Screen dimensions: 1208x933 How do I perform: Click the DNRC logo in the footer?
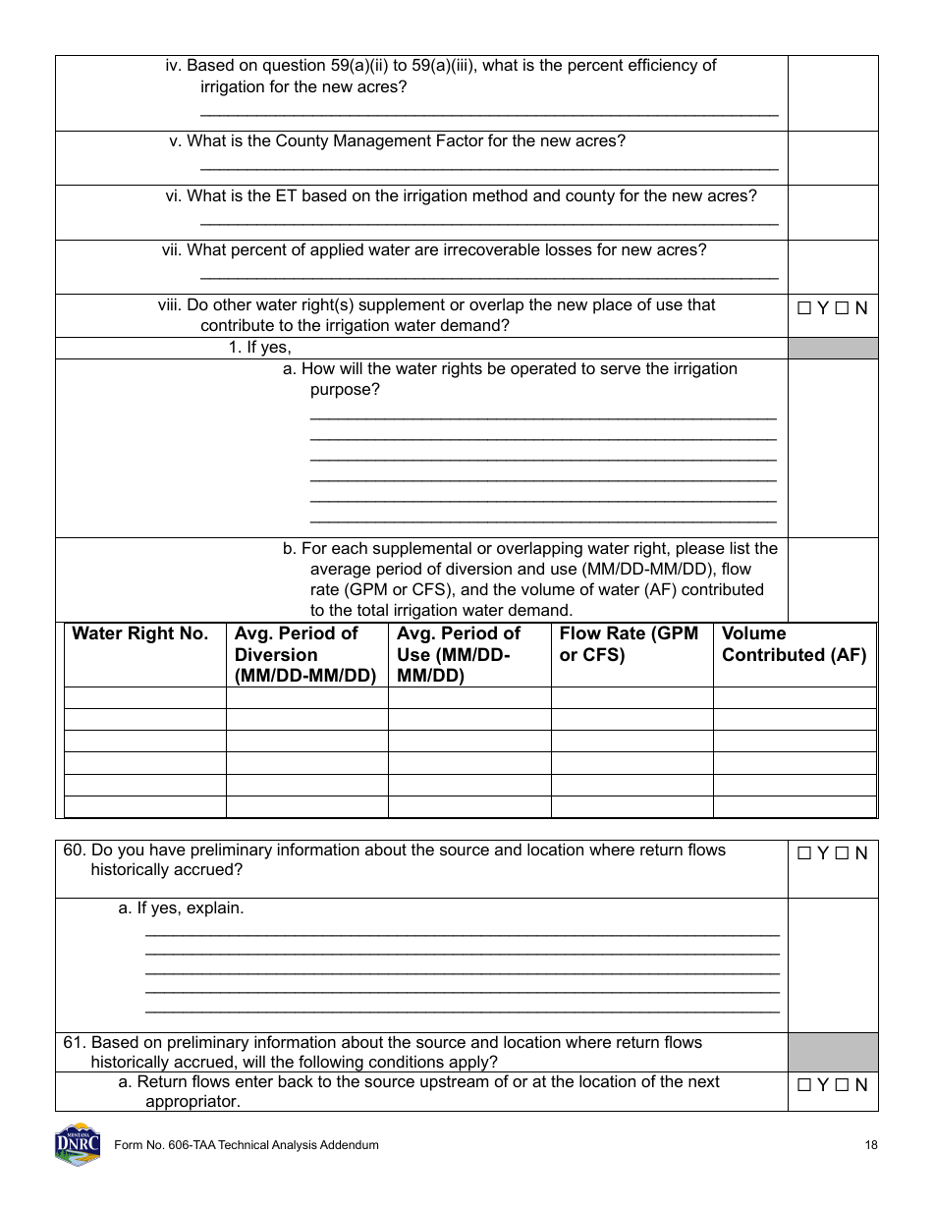pos(78,1144)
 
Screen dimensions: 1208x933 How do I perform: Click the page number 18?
pos(871,1145)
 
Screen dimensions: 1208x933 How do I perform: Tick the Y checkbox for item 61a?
pos(803,1086)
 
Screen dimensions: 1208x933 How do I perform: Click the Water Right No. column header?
pos(140,634)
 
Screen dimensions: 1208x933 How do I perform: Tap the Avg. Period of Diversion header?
pos(305,655)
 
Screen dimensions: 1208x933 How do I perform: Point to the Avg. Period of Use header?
pos(459,655)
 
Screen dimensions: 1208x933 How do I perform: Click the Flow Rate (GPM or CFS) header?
pos(629,644)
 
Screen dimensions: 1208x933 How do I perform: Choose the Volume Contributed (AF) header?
pos(794,644)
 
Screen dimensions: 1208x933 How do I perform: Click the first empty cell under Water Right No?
pos(145,697)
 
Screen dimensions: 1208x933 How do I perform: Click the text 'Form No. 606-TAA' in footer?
pos(163,1145)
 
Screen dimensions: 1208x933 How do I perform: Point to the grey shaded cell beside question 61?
pos(833,1052)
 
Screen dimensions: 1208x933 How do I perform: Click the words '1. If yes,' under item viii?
pos(260,348)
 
